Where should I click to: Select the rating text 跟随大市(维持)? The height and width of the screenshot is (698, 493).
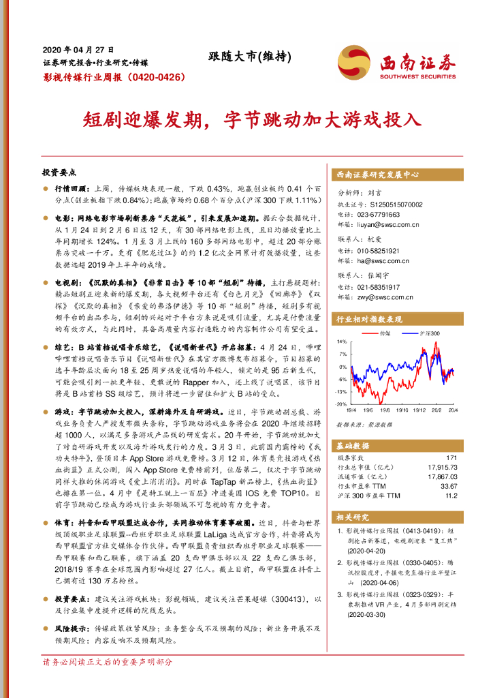coord(242,58)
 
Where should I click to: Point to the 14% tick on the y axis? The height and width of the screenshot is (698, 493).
coord(343,341)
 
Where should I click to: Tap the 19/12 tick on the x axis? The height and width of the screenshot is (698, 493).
coord(420,410)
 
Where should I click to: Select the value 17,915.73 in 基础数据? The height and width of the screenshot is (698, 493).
coord(442,467)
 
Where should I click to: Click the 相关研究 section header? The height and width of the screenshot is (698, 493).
coord(354,517)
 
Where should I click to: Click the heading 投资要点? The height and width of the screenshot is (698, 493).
coord(59,173)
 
